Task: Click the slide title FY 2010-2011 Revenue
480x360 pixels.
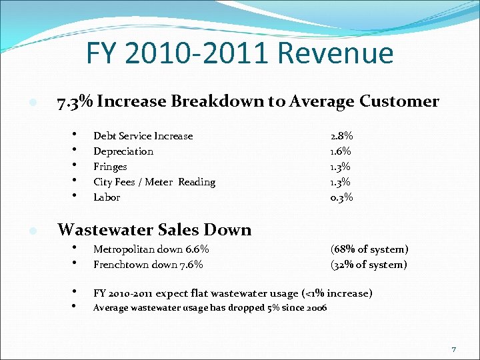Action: (x=240, y=54)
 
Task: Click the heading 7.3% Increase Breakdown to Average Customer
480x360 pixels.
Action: (x=248, y=101)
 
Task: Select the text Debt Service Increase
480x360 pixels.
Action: (x=143, y=136)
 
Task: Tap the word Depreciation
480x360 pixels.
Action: (x=123, y=151)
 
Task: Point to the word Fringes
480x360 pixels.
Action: (x=110, y=167)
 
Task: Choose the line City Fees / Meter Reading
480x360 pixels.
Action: (x=154, y=182)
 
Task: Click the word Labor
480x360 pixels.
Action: (x=107, y=197)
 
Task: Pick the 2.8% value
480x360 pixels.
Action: (x=342, y=136)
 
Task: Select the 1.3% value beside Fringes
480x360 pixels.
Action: (x=341, y=167)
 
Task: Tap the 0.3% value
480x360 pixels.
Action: (x=342, y=197)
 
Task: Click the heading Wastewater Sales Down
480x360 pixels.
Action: (x=155, y=230)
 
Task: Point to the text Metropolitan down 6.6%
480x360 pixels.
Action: (x=151, y=249)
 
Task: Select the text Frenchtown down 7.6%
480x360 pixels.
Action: (x=148, y=265)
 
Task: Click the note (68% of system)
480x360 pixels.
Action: (x=369, y=249)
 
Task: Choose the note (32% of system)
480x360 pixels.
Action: (x=369, y=265)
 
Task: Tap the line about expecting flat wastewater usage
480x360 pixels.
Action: (x=233, y=293)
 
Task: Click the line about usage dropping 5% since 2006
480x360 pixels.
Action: (x=210, y=307)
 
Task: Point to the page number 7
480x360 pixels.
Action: (x=454, y=349)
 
